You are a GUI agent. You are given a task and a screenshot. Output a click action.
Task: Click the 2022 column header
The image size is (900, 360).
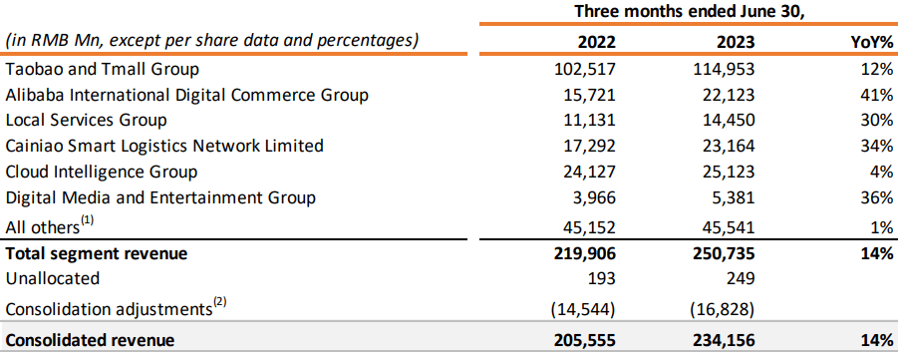(596, 43)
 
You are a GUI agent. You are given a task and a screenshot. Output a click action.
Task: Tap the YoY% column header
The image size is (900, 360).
(869, 43)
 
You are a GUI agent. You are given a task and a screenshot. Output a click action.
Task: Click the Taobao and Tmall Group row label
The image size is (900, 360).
(103, 70)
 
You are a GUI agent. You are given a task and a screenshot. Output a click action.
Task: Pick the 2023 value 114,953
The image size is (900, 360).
(725, 70)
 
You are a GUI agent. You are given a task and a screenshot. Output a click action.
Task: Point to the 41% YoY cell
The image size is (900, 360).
(876, 95)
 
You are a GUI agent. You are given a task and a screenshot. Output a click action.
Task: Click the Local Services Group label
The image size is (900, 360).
(85, 120)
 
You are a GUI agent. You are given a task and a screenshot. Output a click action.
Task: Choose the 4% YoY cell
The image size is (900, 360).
(880, 171)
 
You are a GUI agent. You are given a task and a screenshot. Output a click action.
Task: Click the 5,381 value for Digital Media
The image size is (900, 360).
(734, 196)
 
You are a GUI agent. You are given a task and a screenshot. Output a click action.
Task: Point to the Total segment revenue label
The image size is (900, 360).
(97, 254)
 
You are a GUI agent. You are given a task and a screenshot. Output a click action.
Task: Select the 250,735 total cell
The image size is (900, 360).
(725, 254)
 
